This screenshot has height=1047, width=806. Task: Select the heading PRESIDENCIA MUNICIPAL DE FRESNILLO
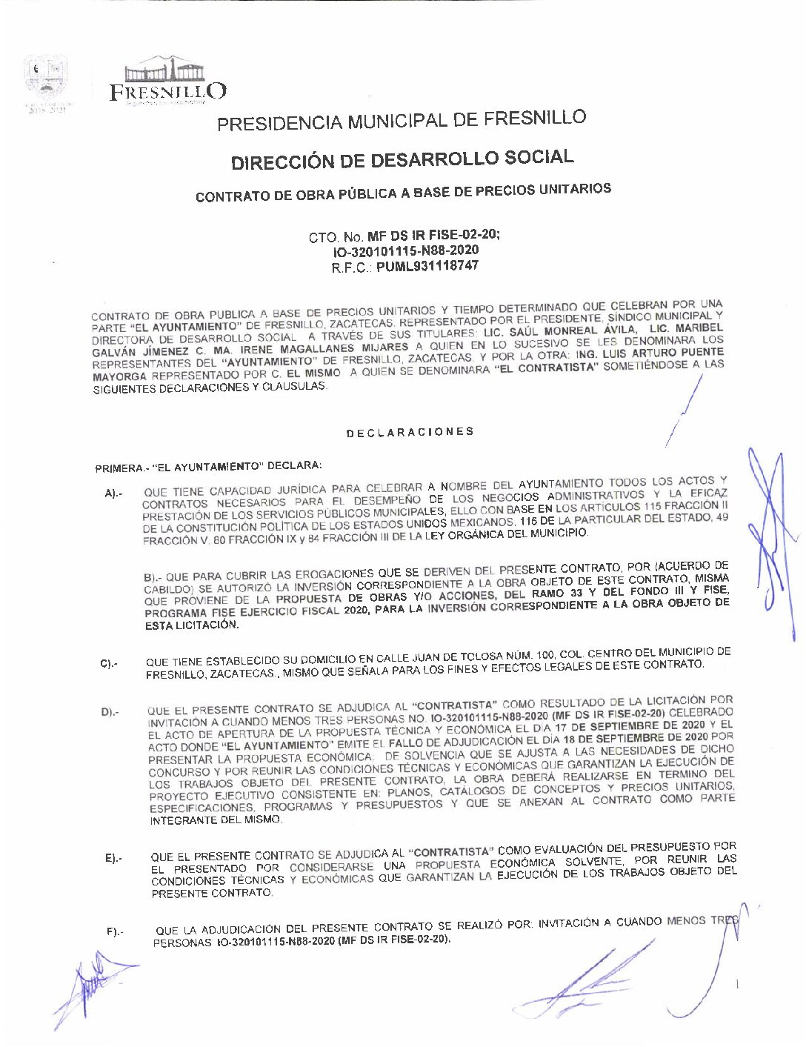click(401, 120)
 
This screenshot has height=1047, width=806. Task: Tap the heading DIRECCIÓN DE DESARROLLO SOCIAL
click(402, 159)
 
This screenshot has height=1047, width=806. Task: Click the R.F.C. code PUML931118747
click(427, 265)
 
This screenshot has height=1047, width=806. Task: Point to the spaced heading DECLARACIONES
click(410, 432)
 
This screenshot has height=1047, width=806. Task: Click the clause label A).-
click(113, 493)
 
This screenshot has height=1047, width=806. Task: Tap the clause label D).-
click(110, 713)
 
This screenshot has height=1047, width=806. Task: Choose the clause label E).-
click(113, 858)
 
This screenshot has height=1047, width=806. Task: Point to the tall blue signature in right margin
click(768, 541)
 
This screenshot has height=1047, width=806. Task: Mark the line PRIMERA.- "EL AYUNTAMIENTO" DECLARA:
click(208, 467)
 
